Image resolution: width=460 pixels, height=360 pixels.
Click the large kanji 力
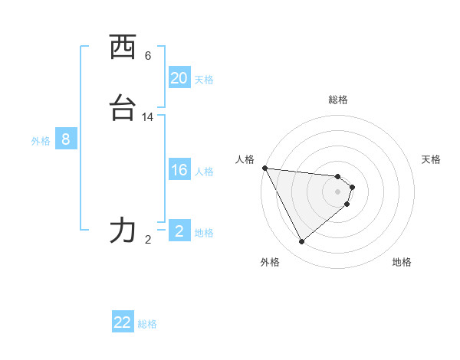point(123,230)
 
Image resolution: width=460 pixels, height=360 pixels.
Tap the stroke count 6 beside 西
point(148,56)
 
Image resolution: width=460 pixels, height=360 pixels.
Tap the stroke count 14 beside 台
point(148,117)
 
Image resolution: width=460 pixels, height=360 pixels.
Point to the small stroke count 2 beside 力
point(148,240)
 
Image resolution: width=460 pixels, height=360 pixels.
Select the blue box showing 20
point(179,78)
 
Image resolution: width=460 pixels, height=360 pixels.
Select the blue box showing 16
point(179,170)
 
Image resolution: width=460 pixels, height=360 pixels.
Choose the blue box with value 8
point(66,139)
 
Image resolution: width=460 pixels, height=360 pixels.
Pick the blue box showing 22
point(123,322)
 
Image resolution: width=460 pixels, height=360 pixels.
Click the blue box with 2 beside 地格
point(179,231)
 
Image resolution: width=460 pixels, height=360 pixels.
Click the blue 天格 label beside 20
point(204,80)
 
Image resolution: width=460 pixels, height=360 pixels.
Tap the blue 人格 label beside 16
point(204,172)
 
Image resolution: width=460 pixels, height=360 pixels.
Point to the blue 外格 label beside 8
point(41,141)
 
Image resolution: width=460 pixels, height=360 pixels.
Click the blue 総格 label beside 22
point(147,324)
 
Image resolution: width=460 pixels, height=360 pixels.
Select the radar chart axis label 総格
point(338,100)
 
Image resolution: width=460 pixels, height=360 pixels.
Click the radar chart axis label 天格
point(431,159)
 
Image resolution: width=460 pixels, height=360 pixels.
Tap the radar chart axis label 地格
point(402,262)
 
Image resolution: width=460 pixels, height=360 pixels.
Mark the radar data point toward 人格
point(264,168)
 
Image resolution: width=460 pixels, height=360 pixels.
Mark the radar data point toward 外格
point(301,242)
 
